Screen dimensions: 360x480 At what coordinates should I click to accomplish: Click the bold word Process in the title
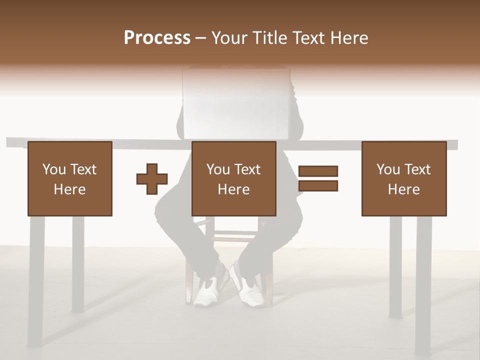pyautogui.click(x=157, y=38)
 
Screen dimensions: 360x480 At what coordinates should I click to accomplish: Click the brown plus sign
pyautogui.click(x=152, y=178)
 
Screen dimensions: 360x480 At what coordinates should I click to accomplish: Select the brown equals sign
pyautogui.click(x=318, y=178)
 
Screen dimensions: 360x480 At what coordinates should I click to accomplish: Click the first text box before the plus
pyautogui.click(x=69, y=178)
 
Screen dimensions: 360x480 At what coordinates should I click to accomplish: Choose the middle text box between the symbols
pyautogui.click(x=233, y=178)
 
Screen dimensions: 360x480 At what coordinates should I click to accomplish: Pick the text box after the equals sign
pyautogui.click(x=403, y=178)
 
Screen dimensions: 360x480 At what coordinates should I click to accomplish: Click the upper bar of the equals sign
pyautogui.click(x=318, y=171)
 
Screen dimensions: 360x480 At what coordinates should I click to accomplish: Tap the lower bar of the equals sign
pyautogui.click(x=318, y=186)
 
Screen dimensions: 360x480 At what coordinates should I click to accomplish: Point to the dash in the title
pyautogui.click(x=200, y=38)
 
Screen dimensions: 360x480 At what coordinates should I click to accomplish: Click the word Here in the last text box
pyautogui.click(x=403, y=189)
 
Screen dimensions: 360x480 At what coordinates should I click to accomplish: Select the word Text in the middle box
pyautogui.click(x=247, y=169)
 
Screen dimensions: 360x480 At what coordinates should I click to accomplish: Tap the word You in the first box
pyautogui.click(x=54, y=169)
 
